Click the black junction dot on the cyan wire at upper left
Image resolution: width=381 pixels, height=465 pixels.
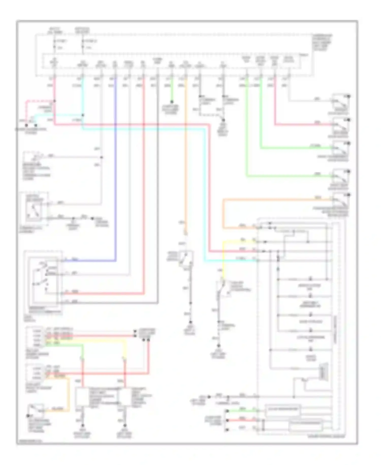click(83, 115)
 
